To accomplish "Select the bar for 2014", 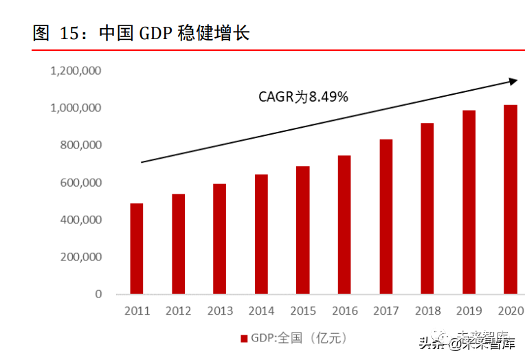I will (x=261, y=234).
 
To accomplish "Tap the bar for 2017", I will (x=386, y=216).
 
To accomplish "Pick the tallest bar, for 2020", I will (x=510, y=199).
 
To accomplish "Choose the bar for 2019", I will (x=469, y=202).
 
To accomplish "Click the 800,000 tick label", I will (x=80, y=146).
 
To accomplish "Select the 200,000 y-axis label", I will (x=80, y=257).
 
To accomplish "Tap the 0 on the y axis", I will (x=98, y=294).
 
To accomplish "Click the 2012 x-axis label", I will (x=178, y=311).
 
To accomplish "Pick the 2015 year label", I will (x=302, y=311).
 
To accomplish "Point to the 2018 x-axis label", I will (x=427, y=311).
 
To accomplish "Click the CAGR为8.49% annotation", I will (x=303, y=97).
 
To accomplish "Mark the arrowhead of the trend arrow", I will (x=513, y=82).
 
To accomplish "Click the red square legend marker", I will (x=243, y=339).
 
